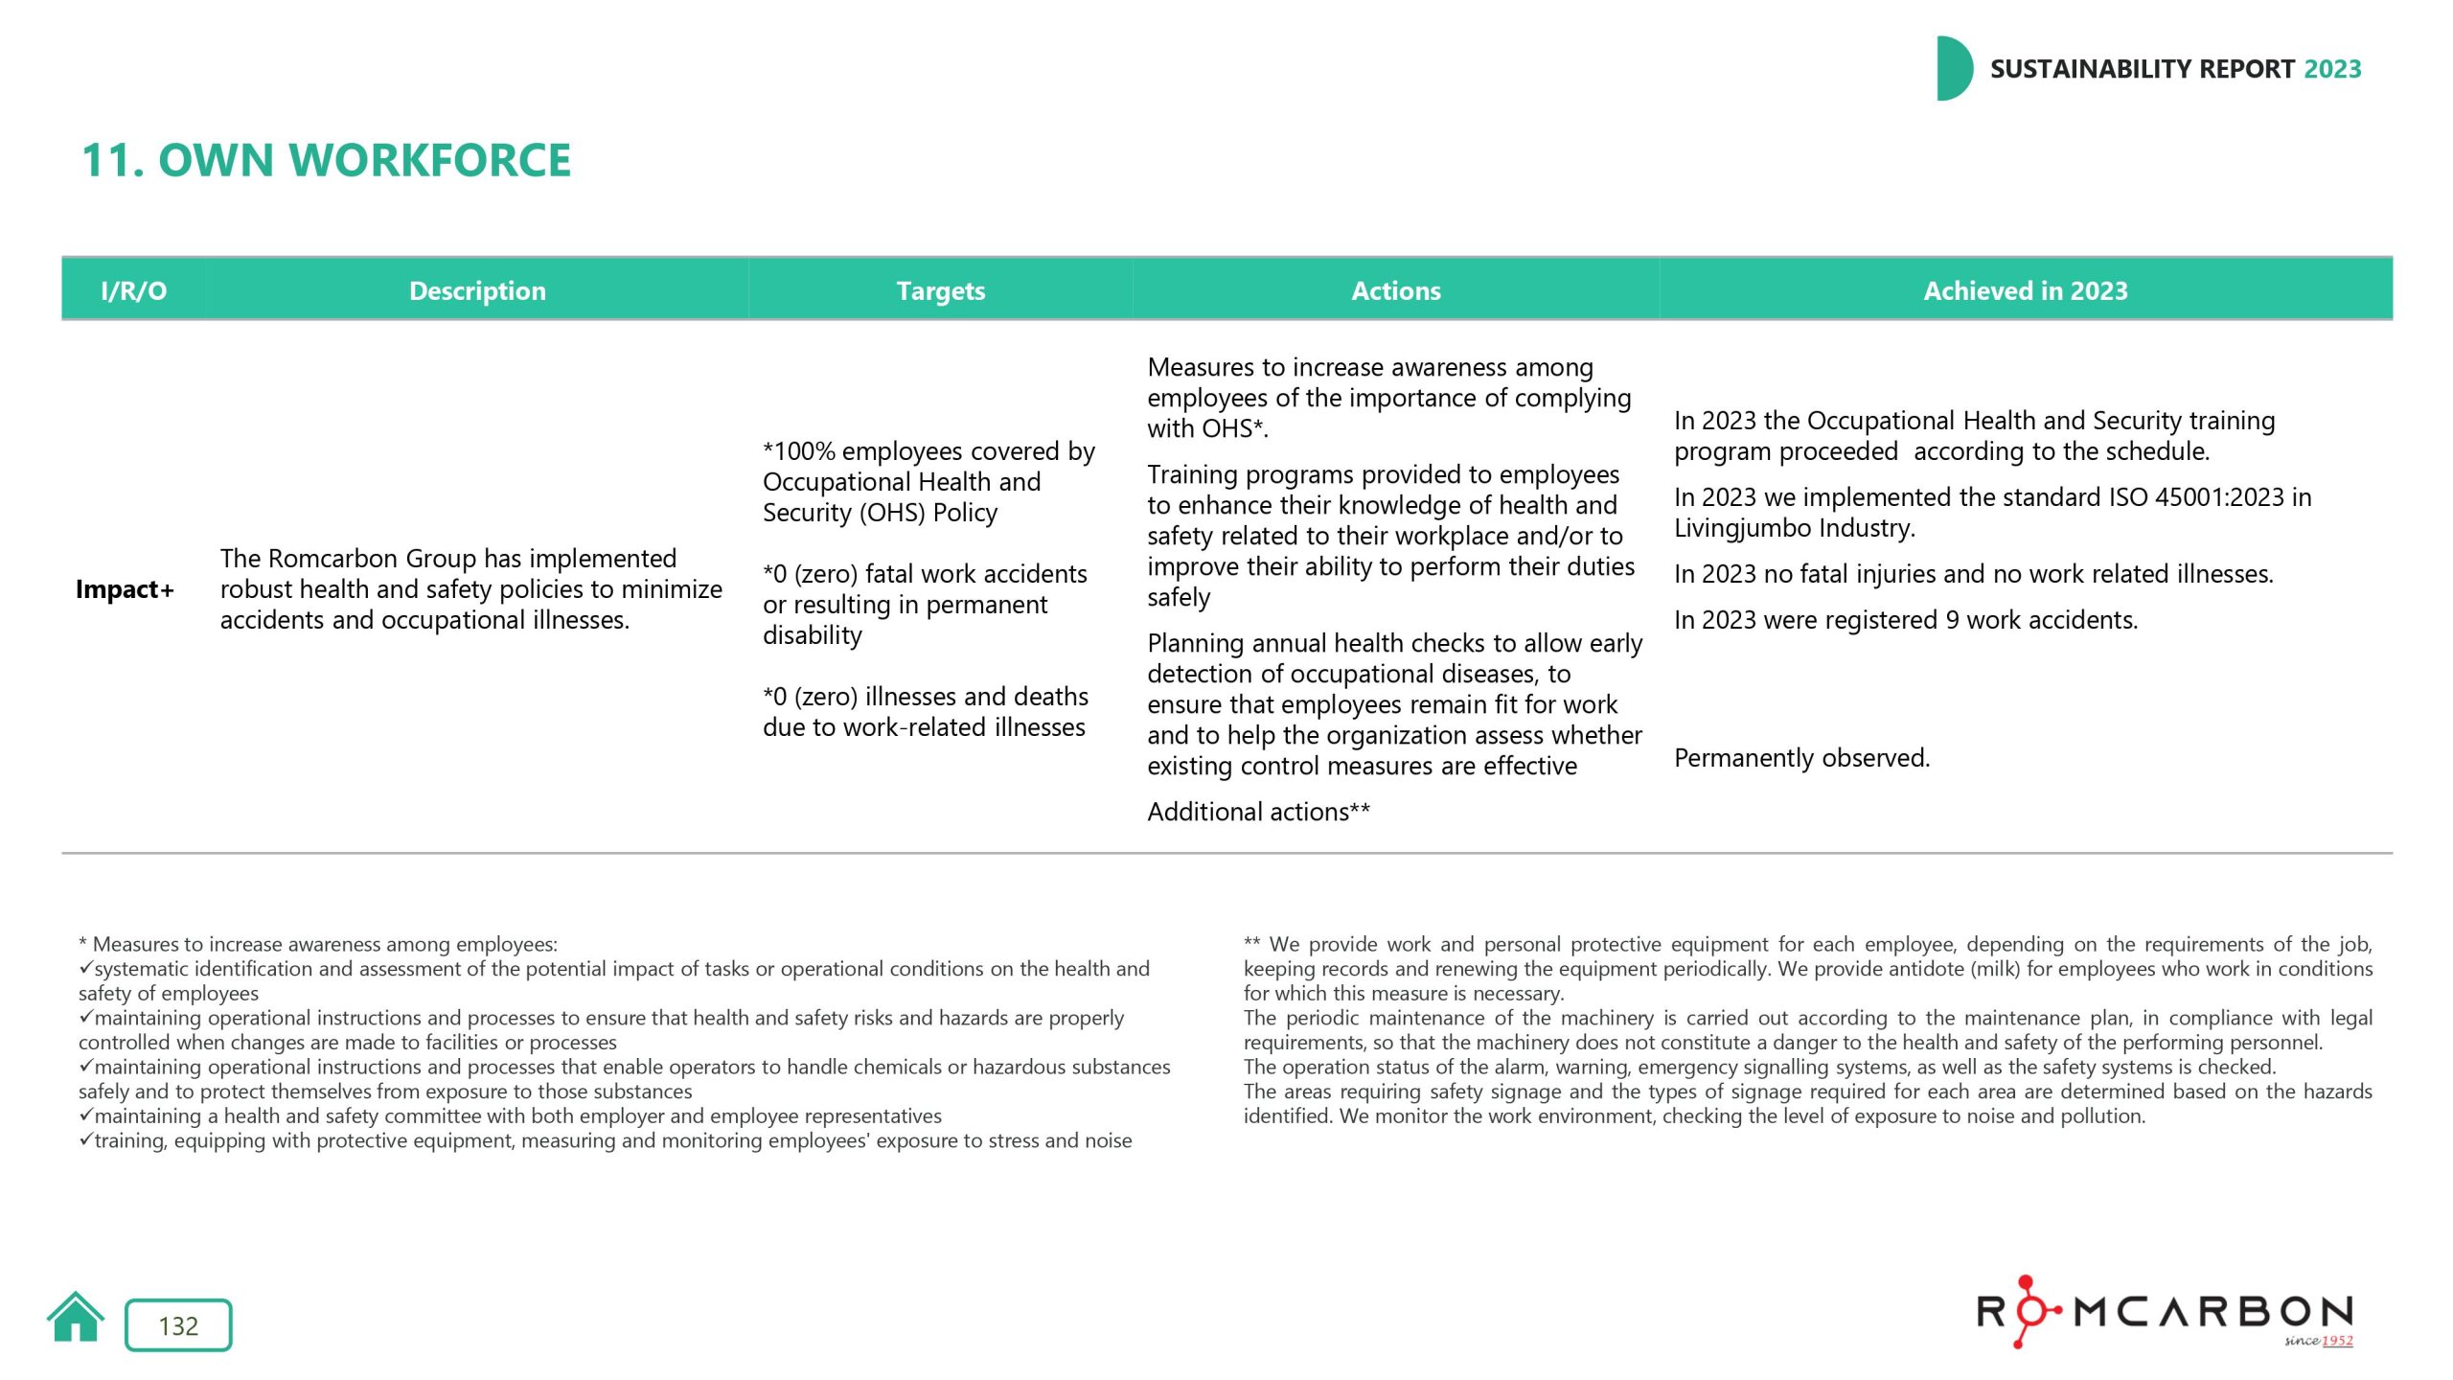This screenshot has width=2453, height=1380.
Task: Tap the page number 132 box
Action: tap(178, 1325)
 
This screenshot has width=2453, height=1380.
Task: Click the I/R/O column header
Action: tap(133, 290)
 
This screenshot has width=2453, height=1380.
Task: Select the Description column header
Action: tap(477, 290)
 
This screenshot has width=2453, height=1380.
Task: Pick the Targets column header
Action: tap(940, 290)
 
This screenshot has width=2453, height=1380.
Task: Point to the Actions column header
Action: tap(1395, 290)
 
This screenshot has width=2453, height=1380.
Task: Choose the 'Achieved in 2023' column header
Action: tap(2025, 290)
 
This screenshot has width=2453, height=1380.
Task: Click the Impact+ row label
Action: tap(125, 589)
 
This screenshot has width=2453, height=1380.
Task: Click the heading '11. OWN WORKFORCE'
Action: tap(326, 160)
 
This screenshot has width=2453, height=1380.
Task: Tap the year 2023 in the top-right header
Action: tap(2332, 69)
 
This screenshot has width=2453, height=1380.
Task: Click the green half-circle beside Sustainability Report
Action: tap(1953, 69)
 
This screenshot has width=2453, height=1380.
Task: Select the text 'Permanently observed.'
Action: tap(1801, 758)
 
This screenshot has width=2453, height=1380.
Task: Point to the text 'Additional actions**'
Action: tap(1258, 812)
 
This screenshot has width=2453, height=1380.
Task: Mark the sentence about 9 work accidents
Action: tap(1905, 620)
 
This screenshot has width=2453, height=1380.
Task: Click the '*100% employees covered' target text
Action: tap(928, 451)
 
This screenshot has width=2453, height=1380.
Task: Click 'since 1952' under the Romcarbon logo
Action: tap(2318, 1341)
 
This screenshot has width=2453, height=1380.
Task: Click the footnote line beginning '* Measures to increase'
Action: tap(317, 944)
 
